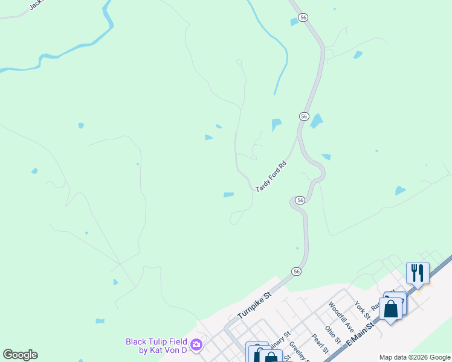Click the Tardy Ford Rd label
[270, 176]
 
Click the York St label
[362, 310]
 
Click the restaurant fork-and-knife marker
[418, 273]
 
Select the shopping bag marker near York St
[391, 308]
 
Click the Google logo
[20, 355]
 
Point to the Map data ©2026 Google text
[415, 357]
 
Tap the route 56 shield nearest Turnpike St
[296, 272]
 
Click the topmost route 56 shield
[303, 18]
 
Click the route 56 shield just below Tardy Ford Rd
[299, 200]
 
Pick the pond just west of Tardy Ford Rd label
[228, 194]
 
